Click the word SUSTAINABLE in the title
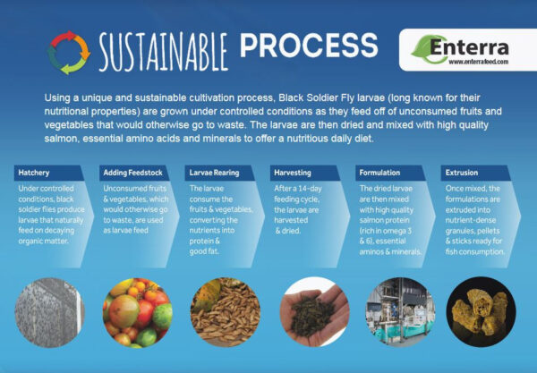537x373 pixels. pos(164,52)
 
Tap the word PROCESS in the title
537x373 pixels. pos(309,46)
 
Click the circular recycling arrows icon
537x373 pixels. pos(69,53)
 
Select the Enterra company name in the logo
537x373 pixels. pos(469,47)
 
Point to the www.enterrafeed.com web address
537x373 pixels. pos(479,62)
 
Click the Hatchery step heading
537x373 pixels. pos(34,173)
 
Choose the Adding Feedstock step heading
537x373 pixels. pos(132,173)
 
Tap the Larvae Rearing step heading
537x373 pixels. pos(214,173)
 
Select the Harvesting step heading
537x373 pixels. pos(293,173)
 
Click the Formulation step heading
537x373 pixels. pos(379,173)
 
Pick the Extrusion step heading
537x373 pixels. pos(461,173)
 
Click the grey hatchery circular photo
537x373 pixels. pos(49,312)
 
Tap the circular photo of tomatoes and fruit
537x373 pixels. pos(137,313)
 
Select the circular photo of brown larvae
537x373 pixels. pos(226,312)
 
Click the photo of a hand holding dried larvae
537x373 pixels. pos(314,312)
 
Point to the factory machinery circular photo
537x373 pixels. pos(400,312)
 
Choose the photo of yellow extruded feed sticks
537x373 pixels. pos(482,312)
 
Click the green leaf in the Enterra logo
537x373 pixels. pos(424,49)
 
